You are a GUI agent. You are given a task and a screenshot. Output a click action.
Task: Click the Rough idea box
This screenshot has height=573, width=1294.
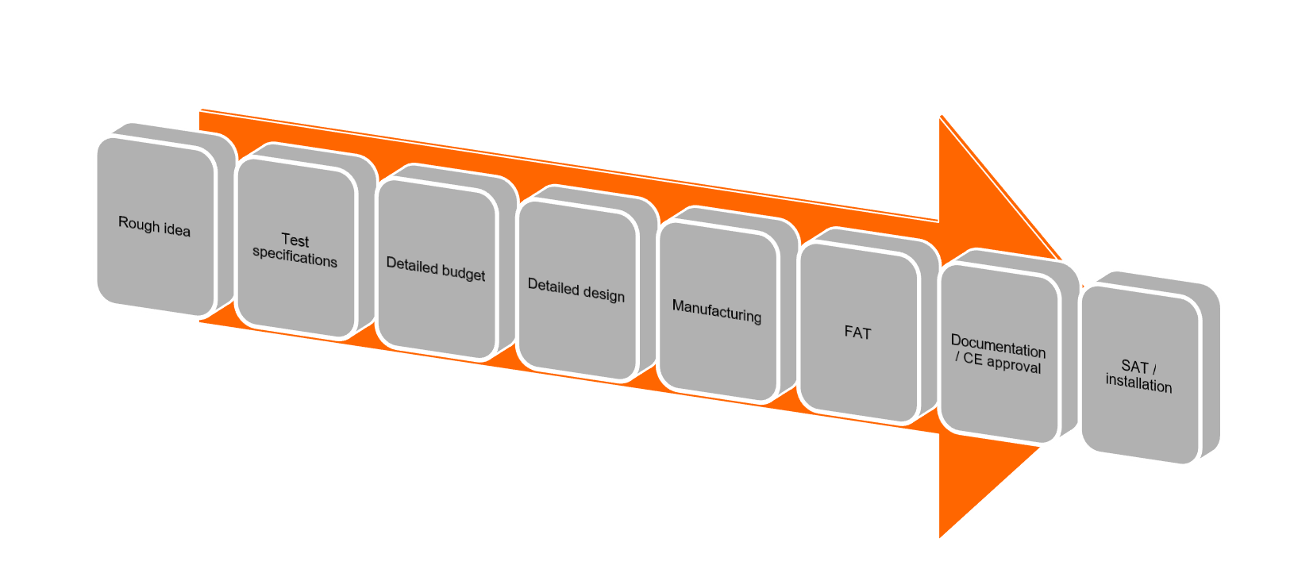pyautogui.click(x=155, y=226)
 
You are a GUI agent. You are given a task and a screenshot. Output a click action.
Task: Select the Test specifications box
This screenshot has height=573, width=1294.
pyautogui.click(x=295, y=249)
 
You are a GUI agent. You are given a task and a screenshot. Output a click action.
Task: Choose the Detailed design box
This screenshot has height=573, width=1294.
pyautogui.click(x=576, y=290)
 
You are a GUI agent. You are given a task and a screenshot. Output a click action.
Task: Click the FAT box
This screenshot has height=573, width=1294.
pyautogui.click(x=857, y=332)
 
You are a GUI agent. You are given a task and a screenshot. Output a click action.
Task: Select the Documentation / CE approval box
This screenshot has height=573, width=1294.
pyautogui.click(x=998, y=354)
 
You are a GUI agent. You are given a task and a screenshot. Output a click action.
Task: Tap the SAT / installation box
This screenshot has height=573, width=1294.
pyautogui.click(x=1139, y=375)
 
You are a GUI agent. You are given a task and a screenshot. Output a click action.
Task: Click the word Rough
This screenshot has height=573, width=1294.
pyautogui.click(x=137, y=223)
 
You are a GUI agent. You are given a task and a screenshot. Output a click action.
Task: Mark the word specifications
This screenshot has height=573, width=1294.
pyautogui.click(x=295, y=259)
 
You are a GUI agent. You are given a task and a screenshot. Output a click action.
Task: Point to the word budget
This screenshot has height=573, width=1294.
pyautogui.click(x=464, y=273)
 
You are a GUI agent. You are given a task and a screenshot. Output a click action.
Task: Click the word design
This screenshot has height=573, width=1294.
pyautogui.click(x=603, y=294)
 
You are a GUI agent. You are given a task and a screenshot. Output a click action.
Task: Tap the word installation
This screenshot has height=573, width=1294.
pyautogui.click(x=1138, y=385)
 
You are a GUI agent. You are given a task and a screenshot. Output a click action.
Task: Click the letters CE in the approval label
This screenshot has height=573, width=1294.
pyautogui.click(x=972, y=359)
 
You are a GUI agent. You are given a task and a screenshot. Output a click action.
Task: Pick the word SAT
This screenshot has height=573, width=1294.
pyautogui.click(x=1134, y=366)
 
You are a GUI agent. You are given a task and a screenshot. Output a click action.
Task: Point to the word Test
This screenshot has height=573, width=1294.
pyautogui.click(x=295, y=240)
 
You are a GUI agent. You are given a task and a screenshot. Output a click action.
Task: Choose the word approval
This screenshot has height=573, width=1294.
pyautogui.click(x=1014, y=365)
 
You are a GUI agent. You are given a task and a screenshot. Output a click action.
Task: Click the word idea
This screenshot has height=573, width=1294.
pyautogui.click(x=175, y=230)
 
